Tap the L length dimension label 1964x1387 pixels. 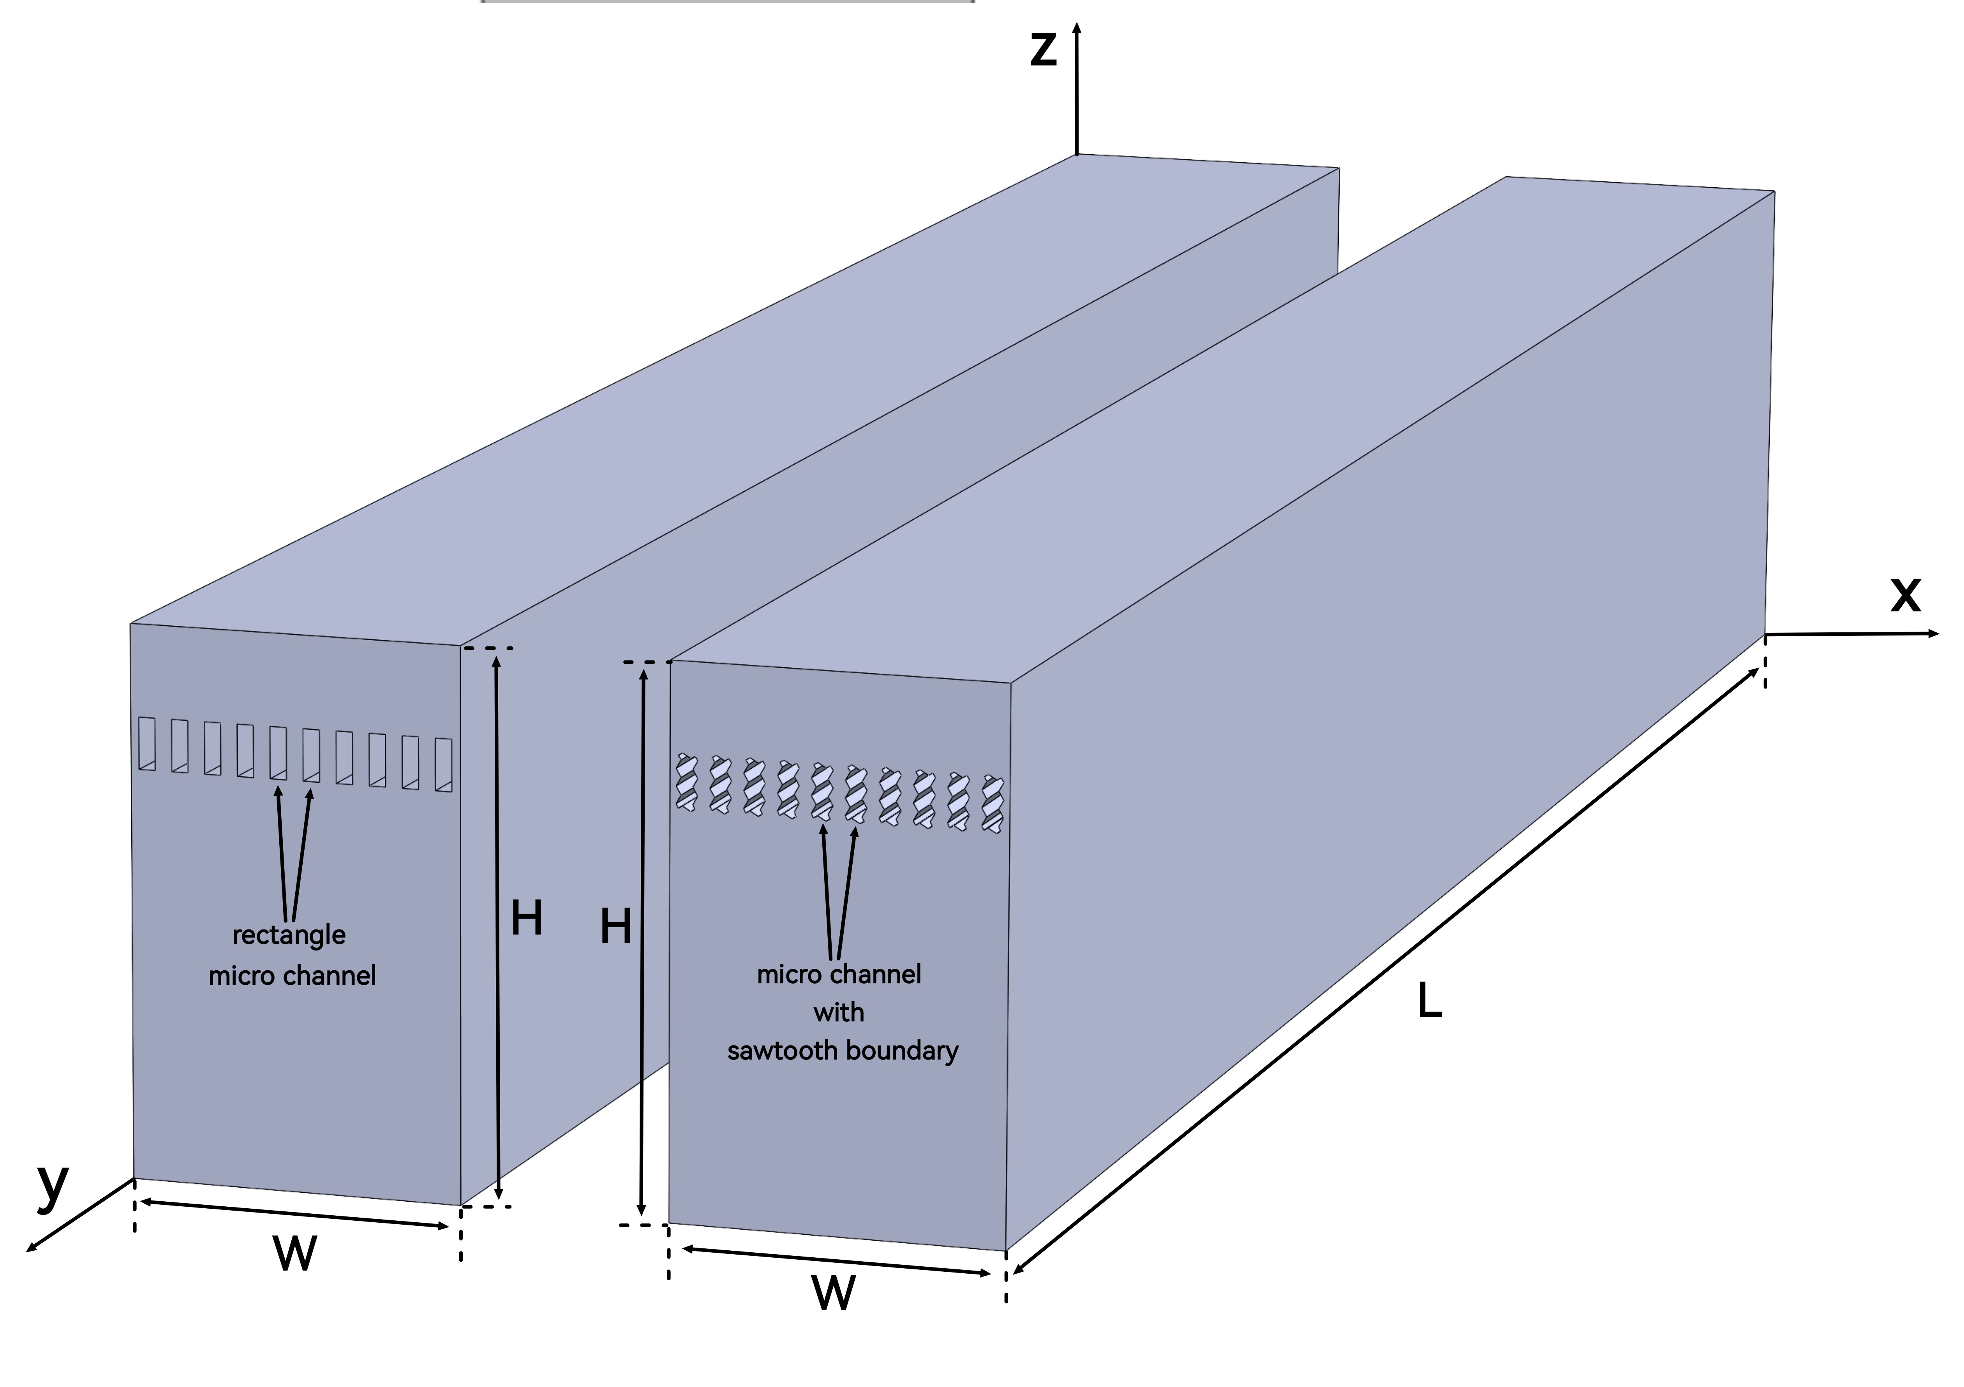[1430, 1002]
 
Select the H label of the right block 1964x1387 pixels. [615, 927]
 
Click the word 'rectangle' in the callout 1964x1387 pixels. [289, 935]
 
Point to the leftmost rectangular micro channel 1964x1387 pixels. [147, 744]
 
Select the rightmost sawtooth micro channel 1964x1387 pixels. [992, 804]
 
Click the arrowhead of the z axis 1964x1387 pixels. [1077, 27]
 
